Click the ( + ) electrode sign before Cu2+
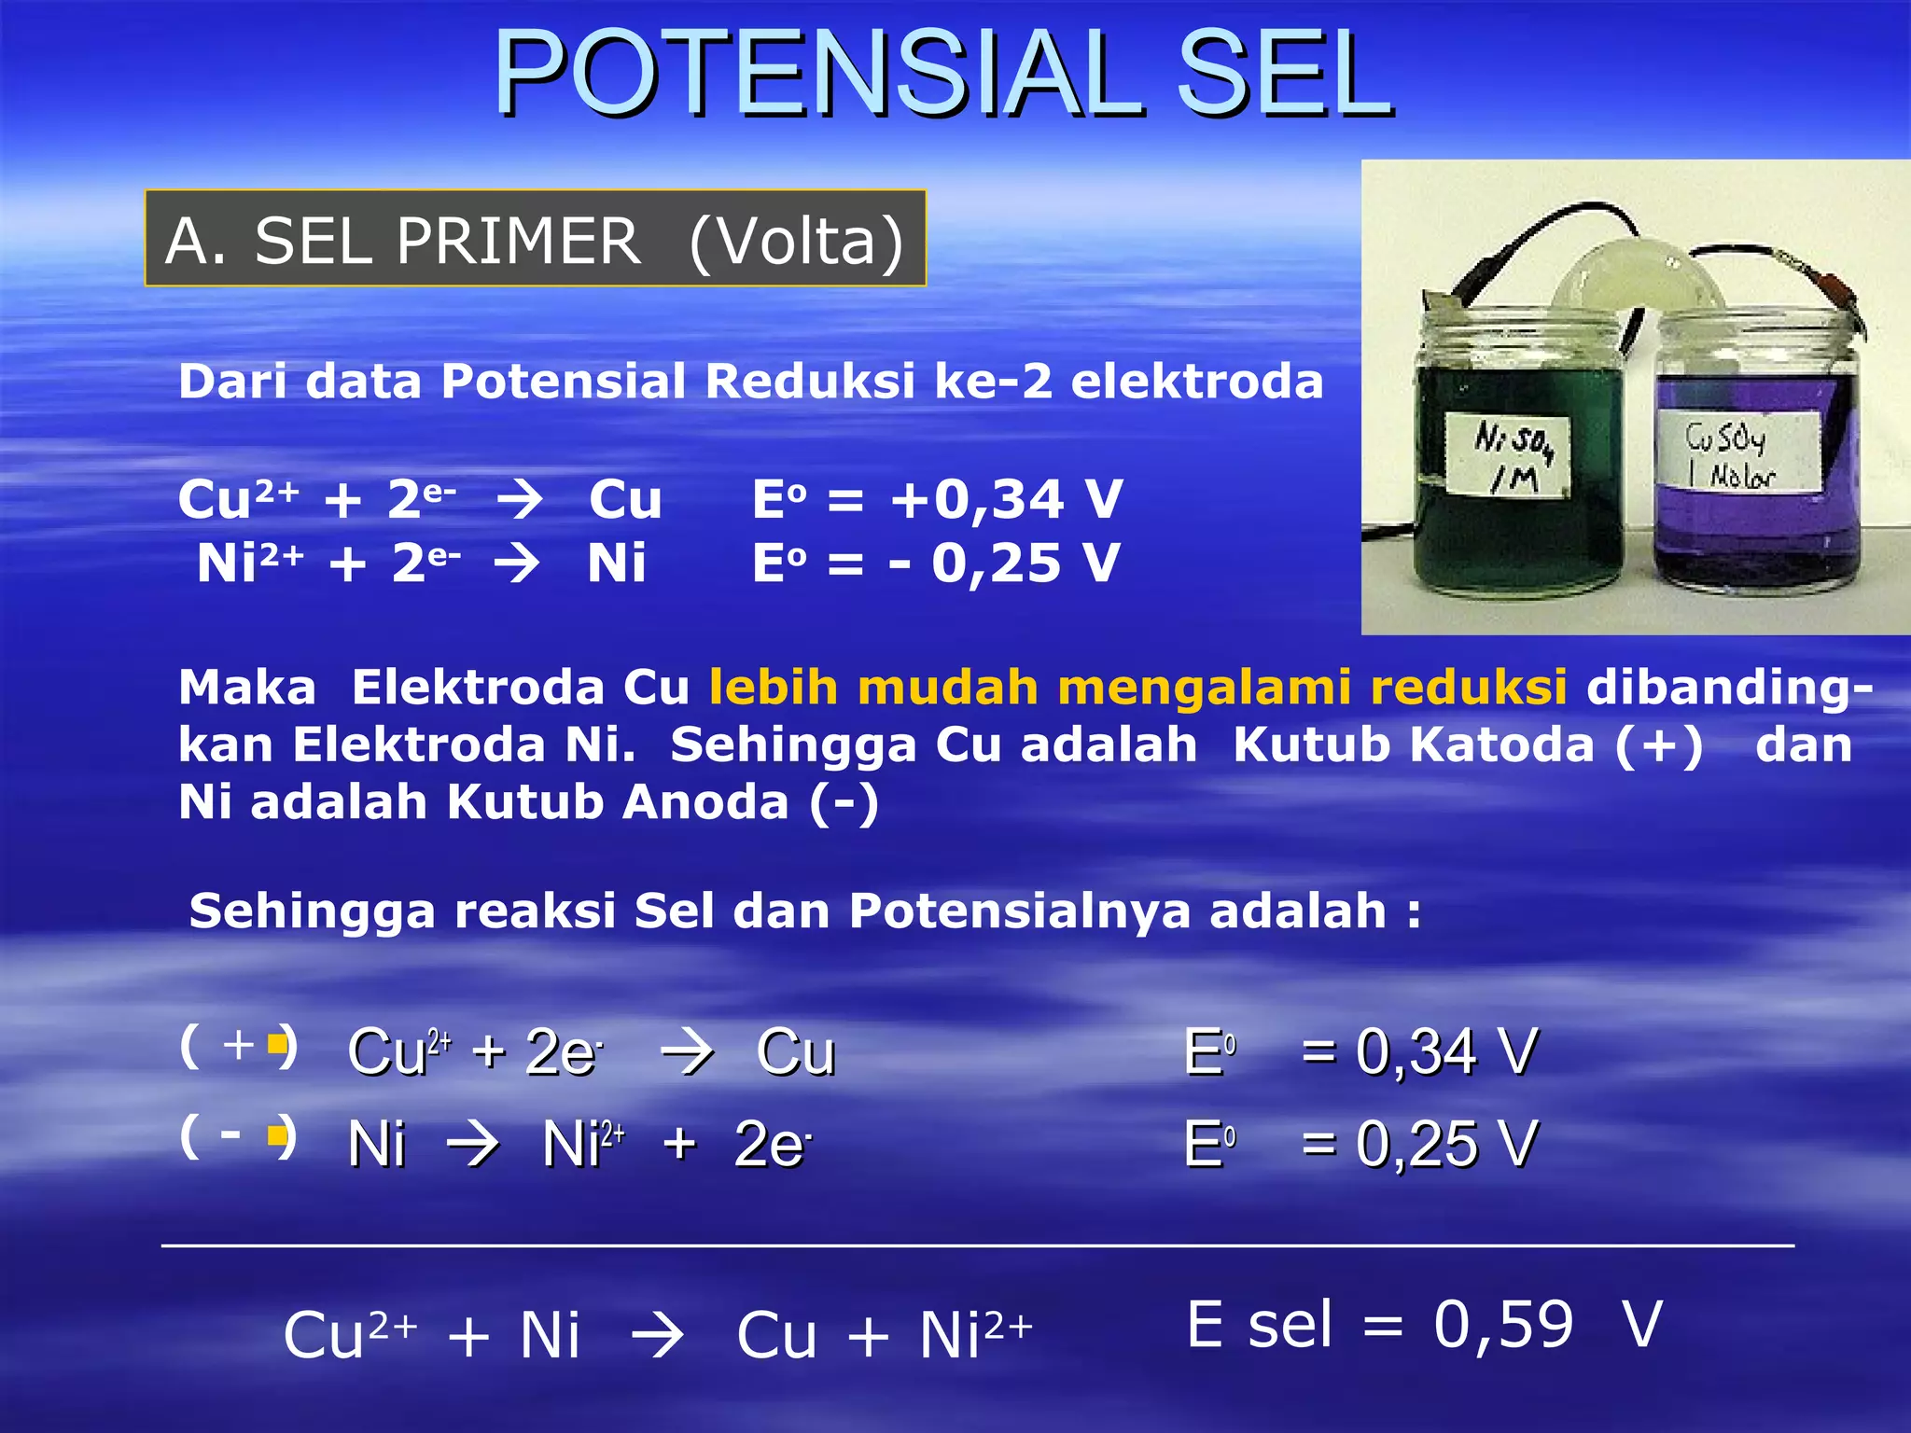(x=239, y=1046)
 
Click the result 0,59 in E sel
(x=1502, y=1324)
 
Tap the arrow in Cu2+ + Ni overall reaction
(x=657, y=1335)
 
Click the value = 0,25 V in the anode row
(x=1418, y=1144)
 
